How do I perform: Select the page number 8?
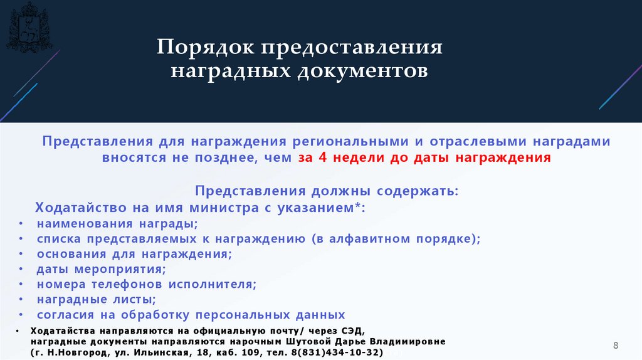tap(616, 346)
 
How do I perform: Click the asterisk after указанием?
tap(360, 205)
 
